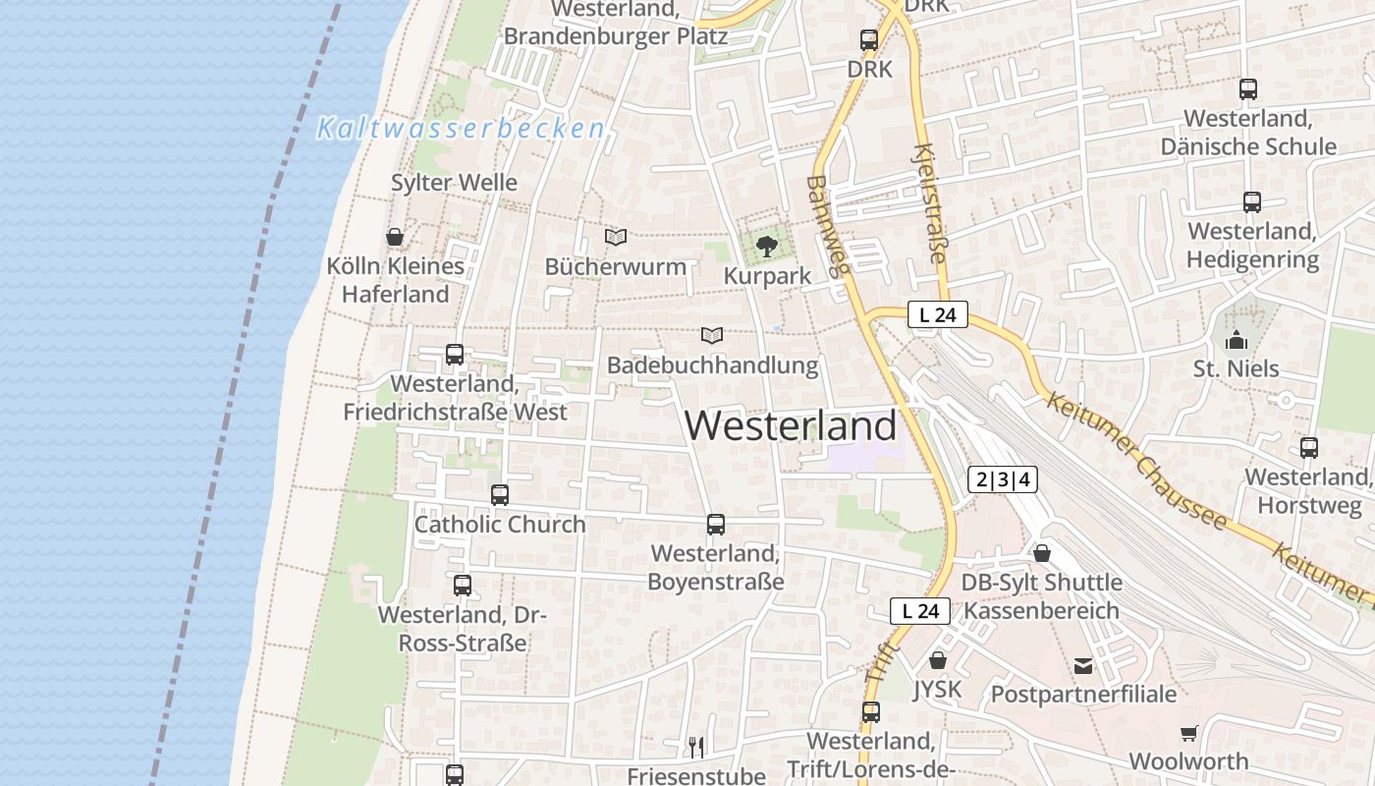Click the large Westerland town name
(x=791, y=425)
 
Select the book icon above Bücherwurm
(x=616, y=237)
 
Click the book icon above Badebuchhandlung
(x=712, y=335)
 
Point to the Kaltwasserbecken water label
(x=461, y=128)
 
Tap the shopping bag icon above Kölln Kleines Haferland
(x=395, y=237)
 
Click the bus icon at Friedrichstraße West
(x=455, y=355)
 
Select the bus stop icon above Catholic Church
(x=500, y=495)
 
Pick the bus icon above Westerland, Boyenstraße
(x=716, y=525)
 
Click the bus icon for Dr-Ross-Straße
(x=463, y=586)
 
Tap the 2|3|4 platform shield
(x=1002, y=479)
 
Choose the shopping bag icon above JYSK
(x=938, y=660)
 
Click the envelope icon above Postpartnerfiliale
(x=1083, y=666)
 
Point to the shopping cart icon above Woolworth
(x=1189, y=733)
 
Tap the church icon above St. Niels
(x=1237, y=340)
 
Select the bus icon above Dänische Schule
(x=1248, y=89)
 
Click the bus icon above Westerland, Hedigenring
(x=1252, y=202)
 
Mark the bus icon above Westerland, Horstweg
(x=1309, y=448)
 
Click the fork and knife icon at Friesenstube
(x=696, y=747)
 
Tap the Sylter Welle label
(x=454, y=183)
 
